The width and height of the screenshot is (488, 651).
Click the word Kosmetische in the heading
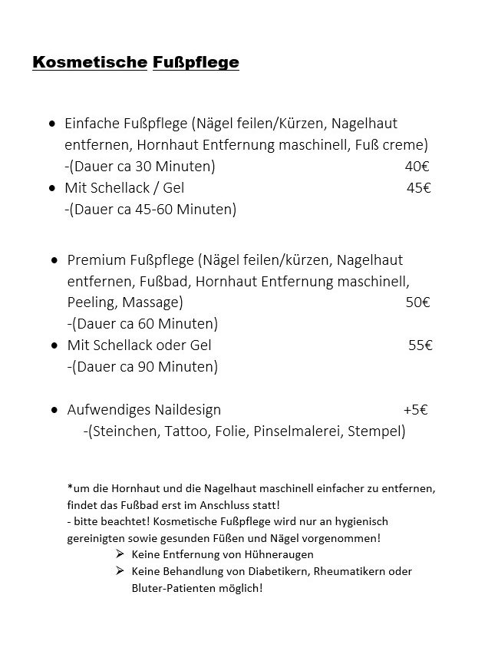(x=89, y=62)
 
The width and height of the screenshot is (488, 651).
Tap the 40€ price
(x=417, y=166)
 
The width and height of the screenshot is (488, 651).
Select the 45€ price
(x=418, y=187)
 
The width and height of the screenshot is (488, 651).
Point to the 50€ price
(x=417, y=302)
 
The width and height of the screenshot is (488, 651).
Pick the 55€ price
(x=420, y=345)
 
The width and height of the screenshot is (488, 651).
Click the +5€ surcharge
(x=415, y=410)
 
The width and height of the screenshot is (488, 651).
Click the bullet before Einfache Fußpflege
(x=51, y=123)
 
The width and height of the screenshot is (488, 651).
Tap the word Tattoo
(x=186, y=431)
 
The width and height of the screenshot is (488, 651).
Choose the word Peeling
(x=91, y=302)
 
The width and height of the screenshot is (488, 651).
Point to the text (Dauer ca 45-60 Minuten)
(x=151, y=209)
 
